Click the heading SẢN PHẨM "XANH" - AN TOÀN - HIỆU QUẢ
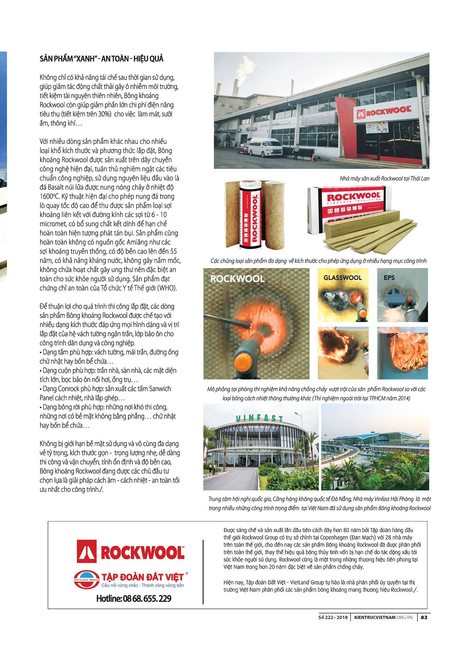click(x=102, y=59)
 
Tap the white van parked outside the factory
click(x=265, y=147)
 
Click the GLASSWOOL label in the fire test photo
click(x=342, y=278)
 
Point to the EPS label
click(x=389, y=278)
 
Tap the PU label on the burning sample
click(x=328, y=335)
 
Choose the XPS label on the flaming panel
click(x=392, y=335)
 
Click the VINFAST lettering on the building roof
click(x=260, y=418)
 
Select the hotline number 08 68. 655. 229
click(x=134, y=599)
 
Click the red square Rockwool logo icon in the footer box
click(x=87, y=551)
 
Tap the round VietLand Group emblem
click(x=86, y=579)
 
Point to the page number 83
click(x=424, y=617)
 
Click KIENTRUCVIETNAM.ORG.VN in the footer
click(x=383, y=617)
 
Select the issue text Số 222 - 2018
click(x=333, y=617)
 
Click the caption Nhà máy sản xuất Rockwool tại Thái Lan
click(x=384, y=179)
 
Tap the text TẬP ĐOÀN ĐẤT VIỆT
click(x=143, y=577)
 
